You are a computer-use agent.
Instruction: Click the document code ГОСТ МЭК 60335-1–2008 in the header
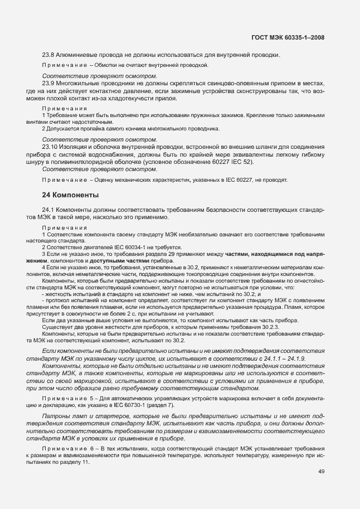[x=288, y=37]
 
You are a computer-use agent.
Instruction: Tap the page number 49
[x=320, y=472]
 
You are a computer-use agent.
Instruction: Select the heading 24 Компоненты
[x=71, y=195]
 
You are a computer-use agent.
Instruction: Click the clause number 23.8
[x=48, y=55]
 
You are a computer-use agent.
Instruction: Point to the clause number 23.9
[x=48, y=83]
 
